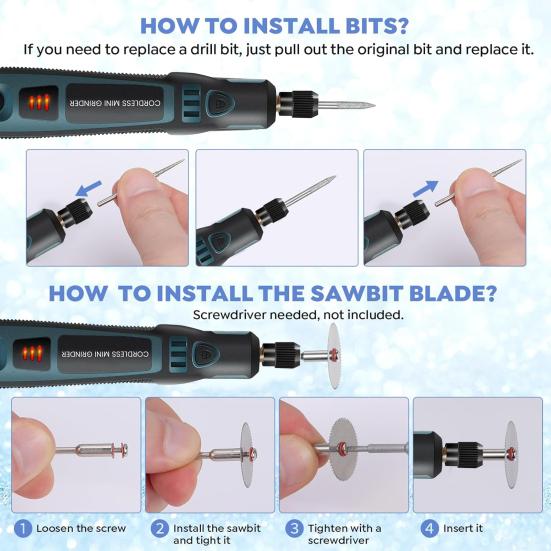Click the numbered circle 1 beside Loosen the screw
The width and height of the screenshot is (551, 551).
click(x=22, y=527)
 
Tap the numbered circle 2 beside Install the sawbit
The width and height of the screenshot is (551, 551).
click(x=159, y=527)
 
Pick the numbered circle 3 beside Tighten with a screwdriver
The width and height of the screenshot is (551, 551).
click(x=294, y=527)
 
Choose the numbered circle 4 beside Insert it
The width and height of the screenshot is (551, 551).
click(x=430, y=527)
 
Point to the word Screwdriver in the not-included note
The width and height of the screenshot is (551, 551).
click(x=237, y=314)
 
